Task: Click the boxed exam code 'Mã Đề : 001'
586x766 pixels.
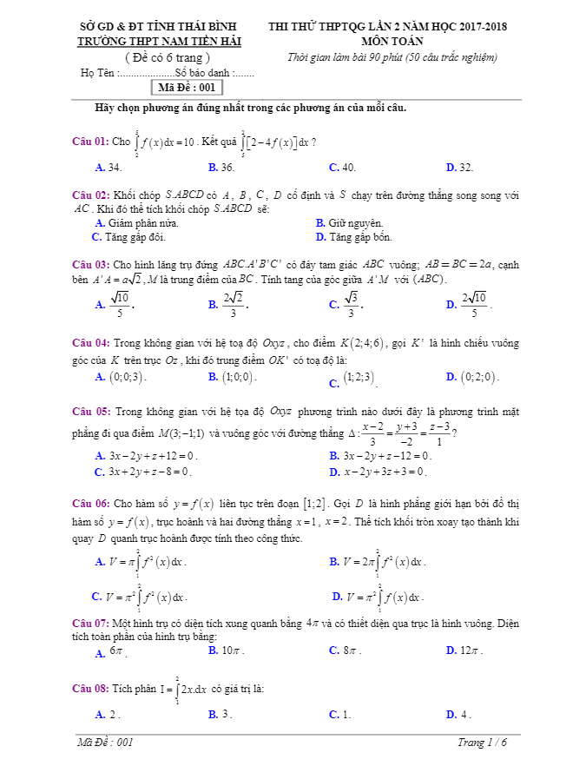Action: [187, 88]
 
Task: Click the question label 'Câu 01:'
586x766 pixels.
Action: [90, 142]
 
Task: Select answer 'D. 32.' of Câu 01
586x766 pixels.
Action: [459, 167]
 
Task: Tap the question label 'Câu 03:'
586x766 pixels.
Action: [90, 264]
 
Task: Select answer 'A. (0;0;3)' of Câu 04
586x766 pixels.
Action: [121, 377]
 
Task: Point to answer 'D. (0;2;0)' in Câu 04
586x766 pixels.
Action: [472, 377]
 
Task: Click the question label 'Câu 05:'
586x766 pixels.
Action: [90, 411]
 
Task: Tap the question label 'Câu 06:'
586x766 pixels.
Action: [90, 503]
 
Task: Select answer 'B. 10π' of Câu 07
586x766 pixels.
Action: [227, 650]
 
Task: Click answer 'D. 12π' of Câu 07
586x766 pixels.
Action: [464, 650]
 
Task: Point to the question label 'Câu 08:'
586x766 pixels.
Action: [90, 689]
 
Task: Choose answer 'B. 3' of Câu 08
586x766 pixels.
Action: [221, 714]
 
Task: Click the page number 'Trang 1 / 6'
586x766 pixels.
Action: [482, 743]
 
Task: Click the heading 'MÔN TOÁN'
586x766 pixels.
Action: [392, 40]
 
